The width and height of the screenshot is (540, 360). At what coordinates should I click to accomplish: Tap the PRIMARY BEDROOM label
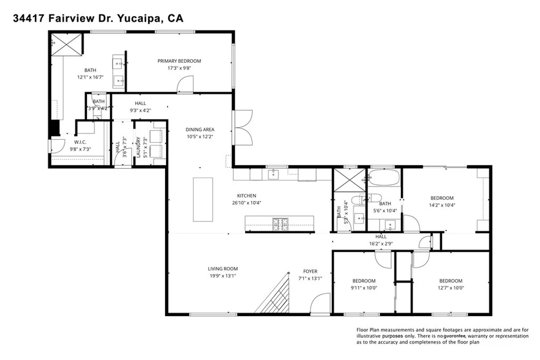pyautogui.click(x=179, y=61)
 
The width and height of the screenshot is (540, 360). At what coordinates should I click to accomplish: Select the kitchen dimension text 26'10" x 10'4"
pyautogui.click(x=247, y=203)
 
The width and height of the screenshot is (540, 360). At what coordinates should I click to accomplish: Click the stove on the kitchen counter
pyautogui.click(x=280, y=223)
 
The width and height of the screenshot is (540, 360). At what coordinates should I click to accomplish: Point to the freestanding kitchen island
pyautogui.click(x=203, y=200)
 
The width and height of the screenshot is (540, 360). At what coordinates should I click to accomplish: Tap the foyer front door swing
pyautogui.click(x=320, y=303)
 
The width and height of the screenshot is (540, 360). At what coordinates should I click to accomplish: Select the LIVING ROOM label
pyautogui.click(x=223, y=269)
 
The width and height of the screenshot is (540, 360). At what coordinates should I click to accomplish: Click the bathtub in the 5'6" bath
pyautogui.click(x=384, y=177)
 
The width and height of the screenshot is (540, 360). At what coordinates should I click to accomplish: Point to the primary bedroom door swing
pyautogui.click(x=185, y=84)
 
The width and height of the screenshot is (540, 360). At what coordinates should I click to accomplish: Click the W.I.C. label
pyautogui.click(x=80, y=142)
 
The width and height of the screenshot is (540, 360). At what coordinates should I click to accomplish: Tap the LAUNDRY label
pyautogui.click(x=138, y=147)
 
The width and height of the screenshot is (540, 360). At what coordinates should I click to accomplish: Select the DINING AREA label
pyautogui.click(x=200, y=130)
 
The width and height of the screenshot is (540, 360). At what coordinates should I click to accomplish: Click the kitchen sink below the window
pyautogui.click(x=274, y=174)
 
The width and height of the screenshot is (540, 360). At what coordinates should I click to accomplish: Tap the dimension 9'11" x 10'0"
pyautogui.click(x=364, y=288)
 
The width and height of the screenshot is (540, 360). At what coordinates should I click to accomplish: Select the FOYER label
pyautogui.click(x=310, y=271)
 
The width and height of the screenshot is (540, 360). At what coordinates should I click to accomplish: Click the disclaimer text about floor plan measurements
pyautogui.click(x=442, y=336)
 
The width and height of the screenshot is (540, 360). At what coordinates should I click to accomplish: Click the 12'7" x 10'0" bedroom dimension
pyautogui.click(x=450, y=288)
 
